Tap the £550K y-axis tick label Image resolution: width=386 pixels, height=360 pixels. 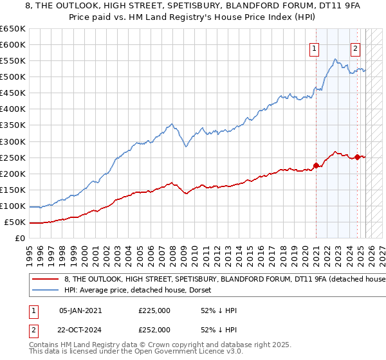[13, 61]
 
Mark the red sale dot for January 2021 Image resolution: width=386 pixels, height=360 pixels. [316, 166]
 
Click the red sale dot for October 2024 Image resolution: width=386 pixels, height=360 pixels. [358, 157]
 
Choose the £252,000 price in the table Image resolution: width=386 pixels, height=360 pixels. [154, 329]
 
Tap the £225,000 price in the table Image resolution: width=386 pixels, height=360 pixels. [154, 310]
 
